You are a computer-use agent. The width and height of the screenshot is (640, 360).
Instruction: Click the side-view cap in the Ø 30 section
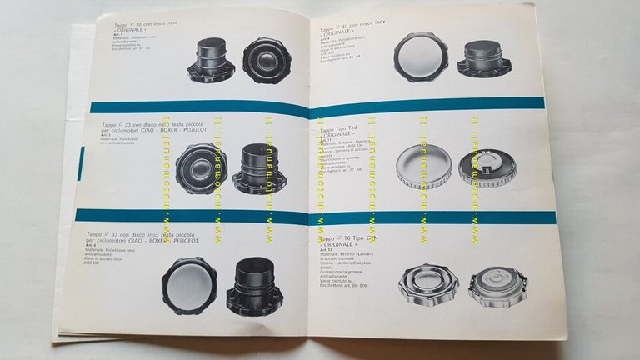212,60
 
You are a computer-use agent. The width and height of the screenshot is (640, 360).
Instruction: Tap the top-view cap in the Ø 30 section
267,59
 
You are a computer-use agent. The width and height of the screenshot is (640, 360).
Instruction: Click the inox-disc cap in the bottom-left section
190,285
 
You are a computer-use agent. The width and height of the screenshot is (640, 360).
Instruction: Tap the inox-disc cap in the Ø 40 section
421,57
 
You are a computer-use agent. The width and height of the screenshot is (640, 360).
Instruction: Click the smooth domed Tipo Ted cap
424,166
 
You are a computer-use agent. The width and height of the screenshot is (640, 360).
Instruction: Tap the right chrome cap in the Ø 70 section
497,285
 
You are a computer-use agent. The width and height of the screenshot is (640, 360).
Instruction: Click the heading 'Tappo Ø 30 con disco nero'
147,26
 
